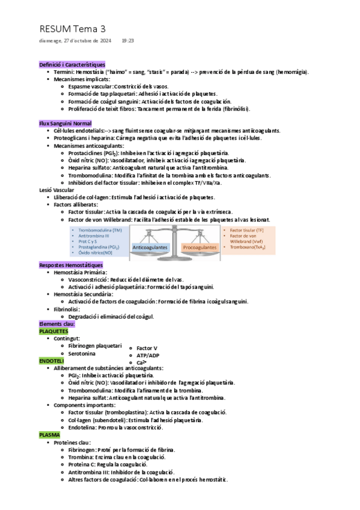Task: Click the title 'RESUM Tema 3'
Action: pyautogui.click(x=72, y=28)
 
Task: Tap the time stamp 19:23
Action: pyautogui.click(x=127, y=41)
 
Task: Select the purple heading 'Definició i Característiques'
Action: pyautogui.click(x=72, y=64)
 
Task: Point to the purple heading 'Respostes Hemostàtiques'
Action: pyautogui.click(x=71, y=265)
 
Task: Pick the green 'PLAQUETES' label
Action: pyautogui.click(x=53, y=331)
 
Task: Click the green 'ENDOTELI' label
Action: pyautogui.click(x=51, y=360)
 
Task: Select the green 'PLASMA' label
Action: pyautogui.click(x=49, y=434)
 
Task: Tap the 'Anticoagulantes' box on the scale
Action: pyautogui.click(x=150, y=247)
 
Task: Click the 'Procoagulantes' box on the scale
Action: pyautogui.click(x=200, y=247)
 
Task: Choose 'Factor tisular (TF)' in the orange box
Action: pyautogui.click(x=246, y=230)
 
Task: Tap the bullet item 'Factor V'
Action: pyautogui.click(x=147, y=348)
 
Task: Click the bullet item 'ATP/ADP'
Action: pyautogui.click(x=148, y=355)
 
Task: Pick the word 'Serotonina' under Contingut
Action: pyautogui.click(x=82, y=353)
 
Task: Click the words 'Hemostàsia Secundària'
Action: pyautogui.click(x=83, y=294)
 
